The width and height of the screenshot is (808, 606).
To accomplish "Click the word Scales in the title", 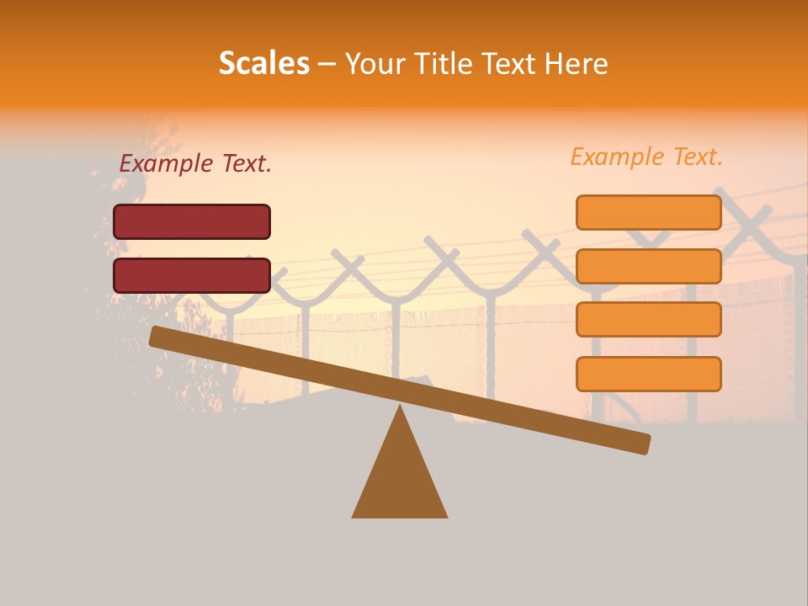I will [263, 63].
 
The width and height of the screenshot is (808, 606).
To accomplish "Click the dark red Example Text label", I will [195, 164].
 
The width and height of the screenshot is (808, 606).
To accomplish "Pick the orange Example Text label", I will [646, 157].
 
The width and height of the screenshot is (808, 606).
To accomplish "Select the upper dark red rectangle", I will [192, 221].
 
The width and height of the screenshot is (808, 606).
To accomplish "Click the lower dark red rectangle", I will [192, 275].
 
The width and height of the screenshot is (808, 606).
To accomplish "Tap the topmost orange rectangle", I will [648, 212].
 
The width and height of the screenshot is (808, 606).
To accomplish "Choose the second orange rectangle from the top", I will [648, 266].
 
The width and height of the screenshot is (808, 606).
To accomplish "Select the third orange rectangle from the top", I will [648, 320].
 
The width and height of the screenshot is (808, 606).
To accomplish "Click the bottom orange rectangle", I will [648, 374].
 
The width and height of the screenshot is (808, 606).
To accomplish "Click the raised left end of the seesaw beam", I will [160, 337].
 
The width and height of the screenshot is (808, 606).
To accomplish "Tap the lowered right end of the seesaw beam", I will [640, 443].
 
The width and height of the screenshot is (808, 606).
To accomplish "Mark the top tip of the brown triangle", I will [400, 407].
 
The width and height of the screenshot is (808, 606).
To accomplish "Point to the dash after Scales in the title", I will [327, 64].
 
